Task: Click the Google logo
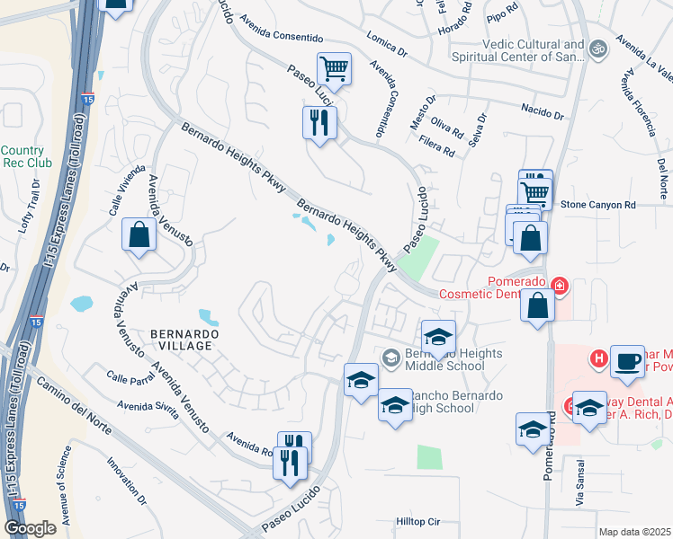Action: (30, 528)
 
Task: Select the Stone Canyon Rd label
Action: (598, 205)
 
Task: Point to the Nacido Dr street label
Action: (542, 112)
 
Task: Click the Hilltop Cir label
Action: (419, 521)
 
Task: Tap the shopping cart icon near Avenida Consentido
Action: (334, 67)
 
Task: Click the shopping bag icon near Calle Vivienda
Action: (139, 235)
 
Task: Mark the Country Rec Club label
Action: (23, 156)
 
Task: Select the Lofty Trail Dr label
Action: (30, 207)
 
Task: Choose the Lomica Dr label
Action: (388, 46)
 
